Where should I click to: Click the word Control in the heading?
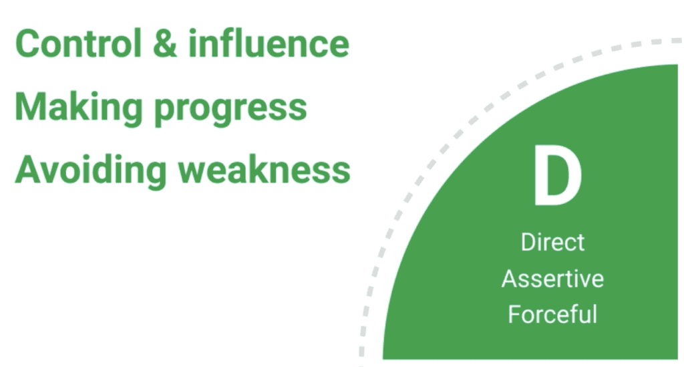coord(79,43)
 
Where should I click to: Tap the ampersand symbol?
coord(166,43)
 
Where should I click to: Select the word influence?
coord(269,43)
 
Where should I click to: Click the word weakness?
coord(265,170)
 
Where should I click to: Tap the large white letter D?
coord(558,175)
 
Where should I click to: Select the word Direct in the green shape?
coord(552,242)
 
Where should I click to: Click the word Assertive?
coord(552,278)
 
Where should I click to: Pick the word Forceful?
coord(552,314)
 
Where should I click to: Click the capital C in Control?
coord(27,43)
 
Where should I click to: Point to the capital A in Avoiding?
coord(29,169)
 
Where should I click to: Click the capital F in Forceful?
coord(515,314)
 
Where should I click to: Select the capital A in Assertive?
coord(510,278)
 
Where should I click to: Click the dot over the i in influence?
coord(193,31)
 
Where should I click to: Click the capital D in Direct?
coord(528,242)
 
